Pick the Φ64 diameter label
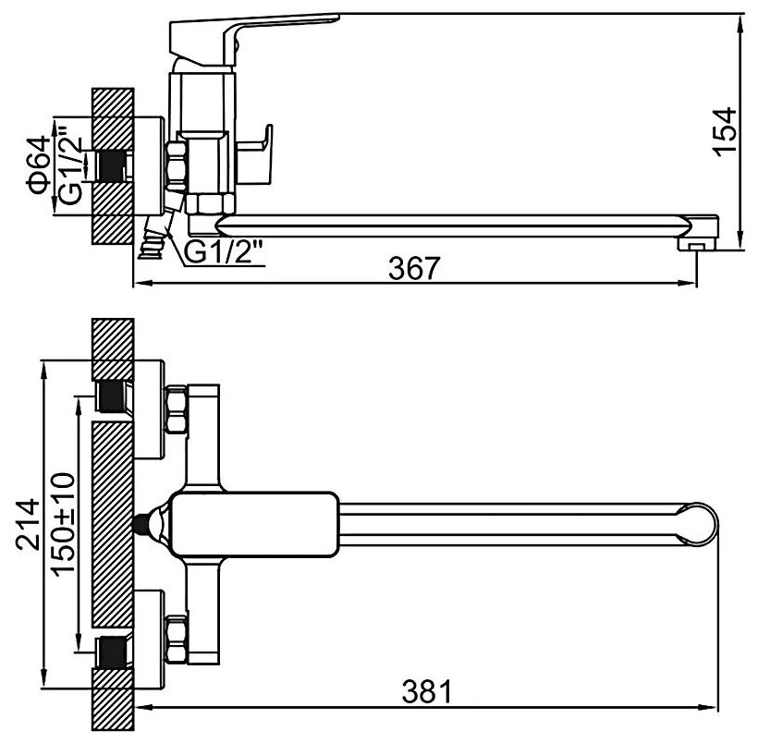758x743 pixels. coord(38,165)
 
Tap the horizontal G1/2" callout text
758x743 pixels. coord(225,250)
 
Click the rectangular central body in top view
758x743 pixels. coord(250,524)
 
